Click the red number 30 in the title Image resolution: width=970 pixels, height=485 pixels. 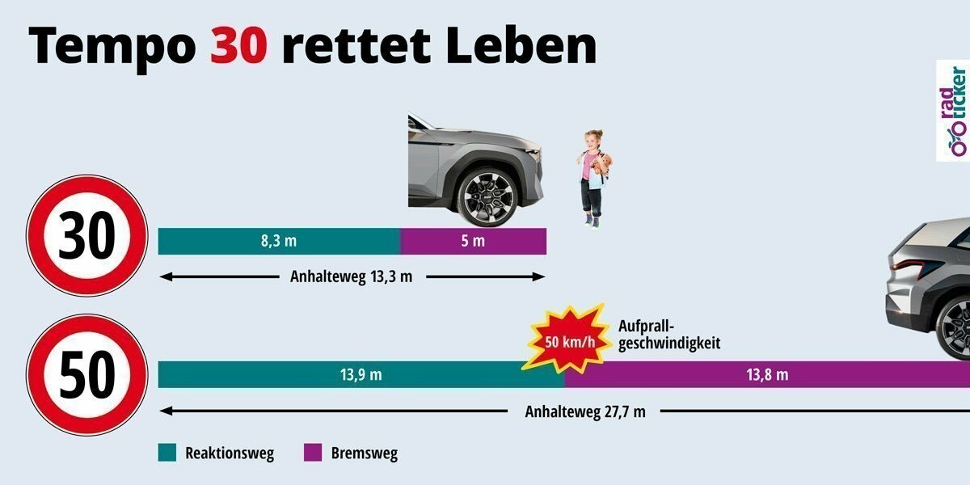pyautogui.click(x=238, y=46)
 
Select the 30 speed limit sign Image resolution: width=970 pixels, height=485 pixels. pyautogui.click(x=87, y=234)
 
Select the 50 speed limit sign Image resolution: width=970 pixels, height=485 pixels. pyautogui.click(x=87, y=374)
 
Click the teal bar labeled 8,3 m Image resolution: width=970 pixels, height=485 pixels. pyautogui.click(x=279, y=241)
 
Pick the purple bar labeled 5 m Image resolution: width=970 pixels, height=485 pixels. pyautogui.click(x=473, y=241)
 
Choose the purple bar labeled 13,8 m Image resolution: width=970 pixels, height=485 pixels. pyautogui.click(x=768, y=374)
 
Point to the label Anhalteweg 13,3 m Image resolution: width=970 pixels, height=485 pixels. pyautogui.click(x=351, y=276)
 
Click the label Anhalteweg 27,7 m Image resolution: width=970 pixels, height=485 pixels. pyautogui.click(x=585, y=411)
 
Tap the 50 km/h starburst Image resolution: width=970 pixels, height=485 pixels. pyautogui.click(x=563, y=339)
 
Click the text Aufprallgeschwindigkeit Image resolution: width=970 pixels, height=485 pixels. pyautogui.click(x=668, y=335)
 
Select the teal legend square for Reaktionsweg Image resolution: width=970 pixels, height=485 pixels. pyautogui.click(x=167, y=453)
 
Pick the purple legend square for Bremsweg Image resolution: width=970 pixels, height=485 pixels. pyautogui.click(x=312, y=453)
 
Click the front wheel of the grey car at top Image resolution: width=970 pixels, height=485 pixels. pyautogui.click(x=487, y=196)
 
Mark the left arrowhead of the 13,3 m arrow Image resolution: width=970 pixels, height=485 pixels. pyautogui.click(x=164, y=276)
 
